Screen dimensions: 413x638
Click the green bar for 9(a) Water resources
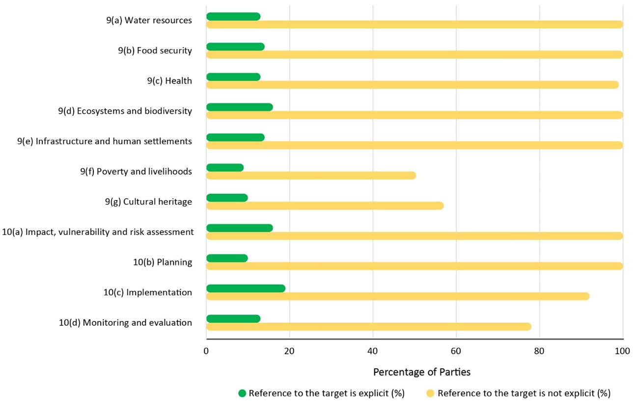(x=233, y=17)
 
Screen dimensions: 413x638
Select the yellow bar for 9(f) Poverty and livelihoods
(x=311, y=176)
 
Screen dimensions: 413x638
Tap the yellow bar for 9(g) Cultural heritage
(x=325, y=206)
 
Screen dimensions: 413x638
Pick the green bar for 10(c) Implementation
(x=246, y=288)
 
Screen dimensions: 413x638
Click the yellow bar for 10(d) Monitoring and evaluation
(x=368, y=327)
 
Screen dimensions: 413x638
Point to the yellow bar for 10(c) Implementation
(x=397, y=296)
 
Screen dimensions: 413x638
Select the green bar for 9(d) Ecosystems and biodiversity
(x=240, y=107)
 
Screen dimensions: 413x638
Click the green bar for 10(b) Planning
(x=227, y=258)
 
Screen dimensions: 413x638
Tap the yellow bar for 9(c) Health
(x=412, y=85)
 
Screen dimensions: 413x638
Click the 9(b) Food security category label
(x=155, y=51)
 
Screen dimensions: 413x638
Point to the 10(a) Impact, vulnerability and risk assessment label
(x=98, y=232)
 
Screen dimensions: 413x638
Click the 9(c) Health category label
(x=169, y=81)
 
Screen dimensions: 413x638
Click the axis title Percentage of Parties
(x=421, y=372)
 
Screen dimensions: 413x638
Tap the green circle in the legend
(x=242, y=393)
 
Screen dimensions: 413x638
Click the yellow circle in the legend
(x=430, y=393)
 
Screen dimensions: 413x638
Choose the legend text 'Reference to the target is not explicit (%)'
(x=524, y=393)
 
